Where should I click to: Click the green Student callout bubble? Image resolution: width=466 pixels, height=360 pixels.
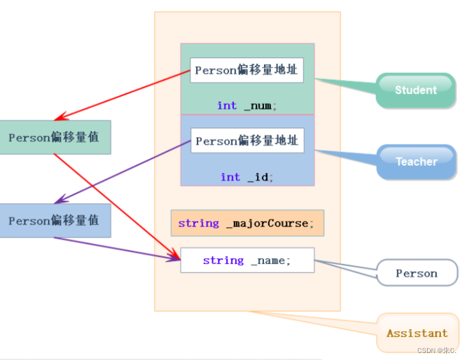[x=416, y=90]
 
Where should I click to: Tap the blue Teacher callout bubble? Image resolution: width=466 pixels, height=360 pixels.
[x=416, y=162]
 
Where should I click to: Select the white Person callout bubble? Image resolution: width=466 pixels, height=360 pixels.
[x=417, y=273]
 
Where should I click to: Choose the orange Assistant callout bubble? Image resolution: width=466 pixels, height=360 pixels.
[x=417, y=333]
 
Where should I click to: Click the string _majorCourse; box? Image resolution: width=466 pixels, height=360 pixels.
[x=247, y=223]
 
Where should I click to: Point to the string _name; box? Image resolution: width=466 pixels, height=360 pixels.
[x=247, y=260]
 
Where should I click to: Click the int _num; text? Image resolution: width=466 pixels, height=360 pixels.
[x=247, y=106]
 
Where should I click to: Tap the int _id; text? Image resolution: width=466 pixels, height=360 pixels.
[x=247, y=177]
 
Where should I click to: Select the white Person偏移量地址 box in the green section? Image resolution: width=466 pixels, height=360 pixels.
[x=246, y=70]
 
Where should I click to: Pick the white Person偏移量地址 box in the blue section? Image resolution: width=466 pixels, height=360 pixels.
[x=247, y=141]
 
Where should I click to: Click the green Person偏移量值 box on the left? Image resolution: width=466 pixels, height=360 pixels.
[x=54, y=137]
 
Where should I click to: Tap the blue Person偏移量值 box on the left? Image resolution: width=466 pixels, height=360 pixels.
[x=54, y=221]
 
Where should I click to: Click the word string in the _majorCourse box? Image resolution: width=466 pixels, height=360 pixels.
[x=198, y=223]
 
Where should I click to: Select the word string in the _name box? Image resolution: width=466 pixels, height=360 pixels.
[x=223, y=260]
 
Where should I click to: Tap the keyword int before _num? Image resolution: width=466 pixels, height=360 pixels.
[x=227, y=106]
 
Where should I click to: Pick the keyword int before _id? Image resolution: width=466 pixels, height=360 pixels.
[x=230, y=177]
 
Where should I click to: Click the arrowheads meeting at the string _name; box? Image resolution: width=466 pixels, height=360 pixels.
[x=175, y=258]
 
